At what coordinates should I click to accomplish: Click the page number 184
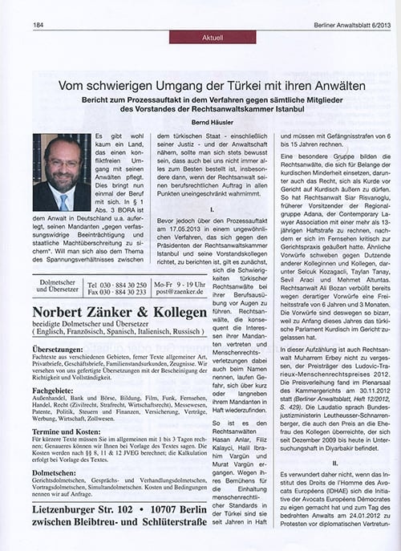pos(38,24)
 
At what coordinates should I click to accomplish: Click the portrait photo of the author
pos(62,172)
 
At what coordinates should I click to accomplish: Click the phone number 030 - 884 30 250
pos(117,285)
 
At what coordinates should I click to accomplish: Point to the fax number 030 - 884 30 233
pos(117,294)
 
